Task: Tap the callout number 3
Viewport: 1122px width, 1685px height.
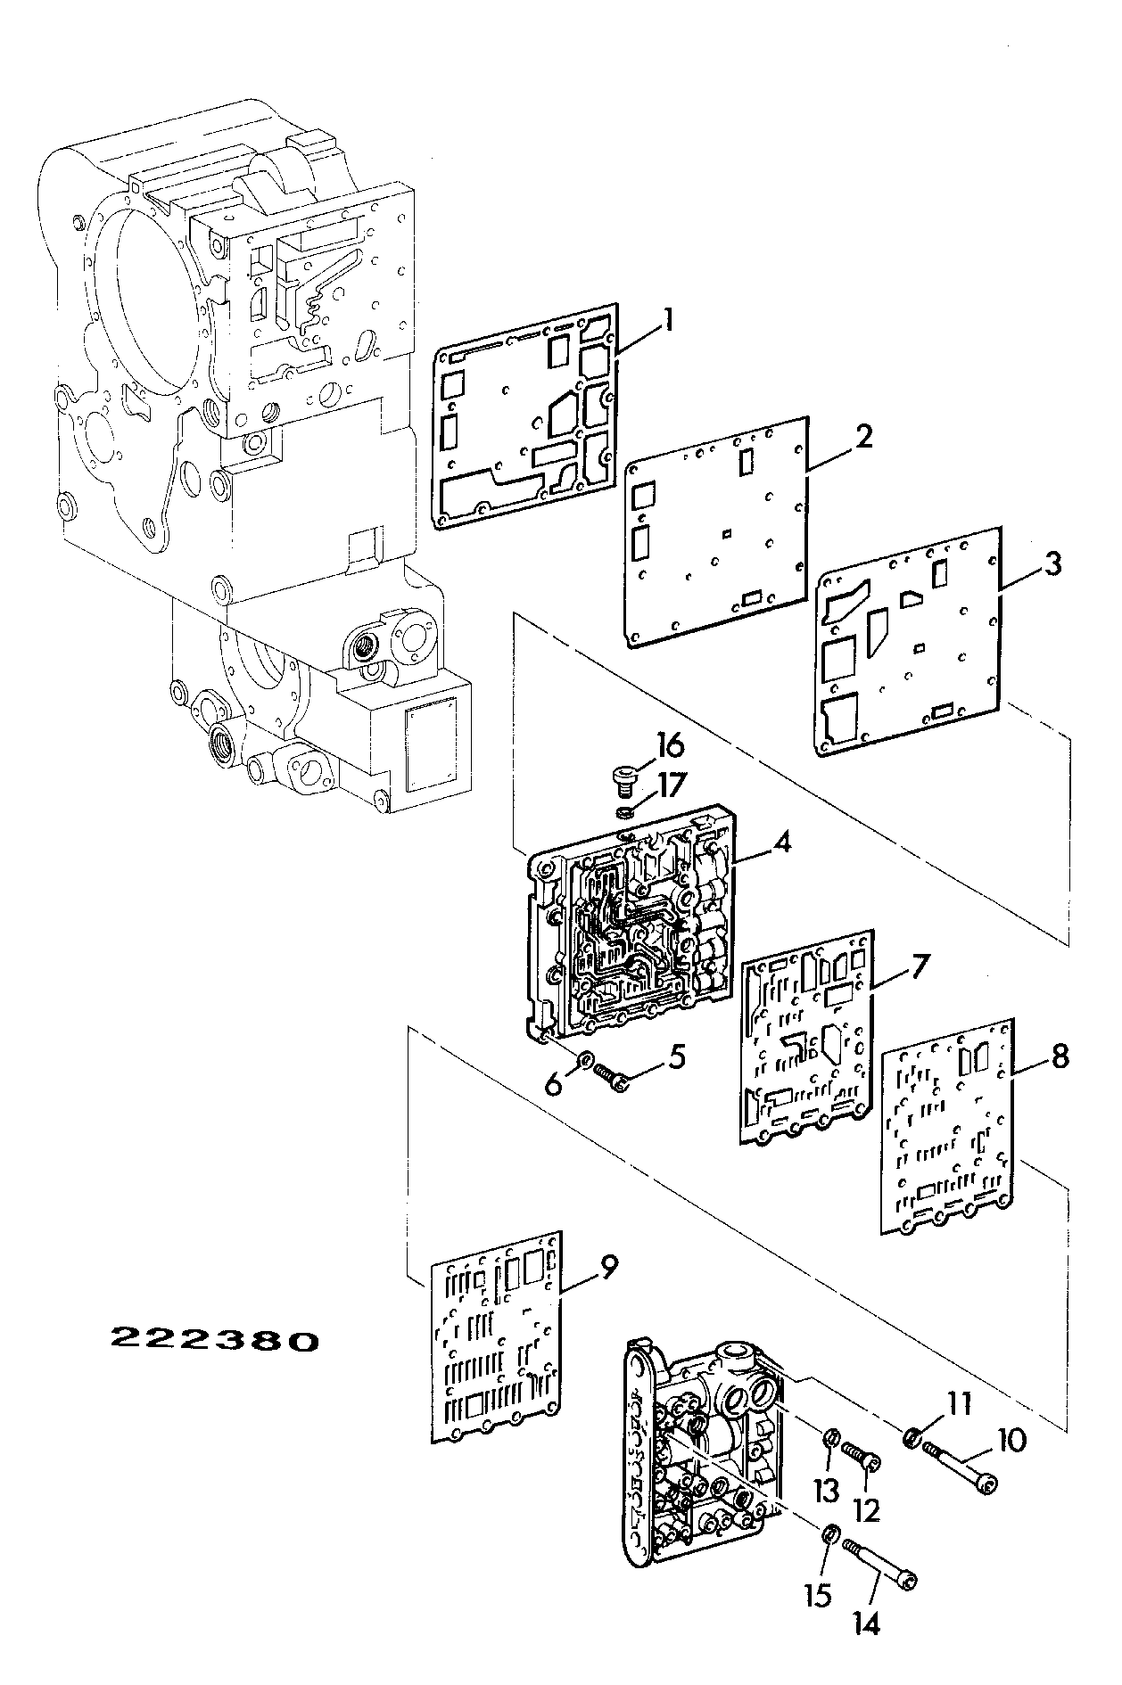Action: pyautogui.click(x=1052, y=564)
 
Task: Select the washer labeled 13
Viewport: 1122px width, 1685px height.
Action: pyautogui.click(x=829, y=1435)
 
